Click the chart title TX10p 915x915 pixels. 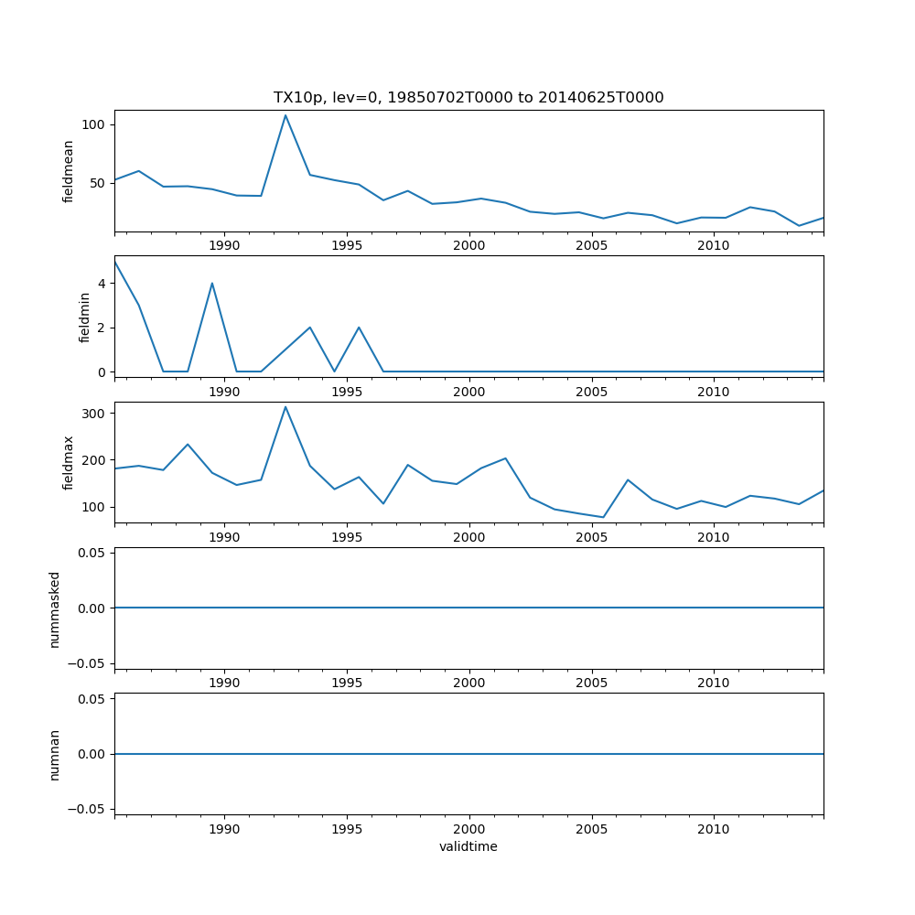pos(468,97)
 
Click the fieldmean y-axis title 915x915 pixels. pos(69,171)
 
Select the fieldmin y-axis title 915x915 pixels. pos(84,317)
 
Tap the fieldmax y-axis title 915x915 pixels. pos(69,462)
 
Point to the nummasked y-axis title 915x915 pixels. pos(55,608)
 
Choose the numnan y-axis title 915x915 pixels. pos(55,754)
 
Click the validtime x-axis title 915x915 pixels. pos(468,846)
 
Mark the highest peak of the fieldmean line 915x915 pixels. pos(285,115)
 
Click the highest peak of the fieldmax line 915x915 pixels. pos(285,407)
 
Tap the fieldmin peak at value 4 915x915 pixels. pos(212,283)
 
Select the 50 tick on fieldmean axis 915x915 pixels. pos(100,183)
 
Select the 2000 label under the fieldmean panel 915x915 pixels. pos(468,245)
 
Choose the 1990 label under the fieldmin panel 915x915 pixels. pos(224,392)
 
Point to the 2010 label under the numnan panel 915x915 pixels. pos(714,829)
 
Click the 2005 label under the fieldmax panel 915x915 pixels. pos(591,537)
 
